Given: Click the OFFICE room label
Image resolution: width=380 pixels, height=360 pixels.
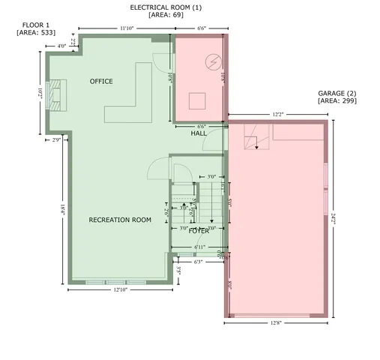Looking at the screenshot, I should coord(101,81).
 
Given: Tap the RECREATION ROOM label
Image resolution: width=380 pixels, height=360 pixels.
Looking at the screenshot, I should coord(120,220).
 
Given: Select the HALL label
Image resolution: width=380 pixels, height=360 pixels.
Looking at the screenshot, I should coord(199,133).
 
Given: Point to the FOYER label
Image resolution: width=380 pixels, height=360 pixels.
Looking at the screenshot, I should coord(199,230).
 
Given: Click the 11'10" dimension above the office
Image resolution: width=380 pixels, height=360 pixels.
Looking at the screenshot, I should coord(126,28).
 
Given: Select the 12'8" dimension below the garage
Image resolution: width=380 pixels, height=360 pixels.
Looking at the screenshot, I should coord(277,323).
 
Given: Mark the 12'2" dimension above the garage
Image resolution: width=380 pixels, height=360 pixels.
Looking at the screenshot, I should coord(277,115).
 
